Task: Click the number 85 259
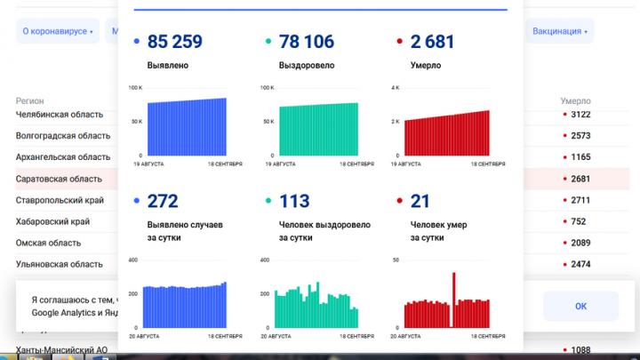(175, 41)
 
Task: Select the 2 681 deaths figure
(432, 41)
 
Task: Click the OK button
(580, 306)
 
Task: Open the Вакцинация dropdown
(560, 31)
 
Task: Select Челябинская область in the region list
(60, 115)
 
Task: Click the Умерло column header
(575, 101)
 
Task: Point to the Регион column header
(29, 101)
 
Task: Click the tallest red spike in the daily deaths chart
(455, 300)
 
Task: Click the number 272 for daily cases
(163, 201)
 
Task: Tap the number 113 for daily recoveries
(293, 201)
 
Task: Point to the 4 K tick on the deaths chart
(396, 88)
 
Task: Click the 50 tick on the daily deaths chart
(396, 260)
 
